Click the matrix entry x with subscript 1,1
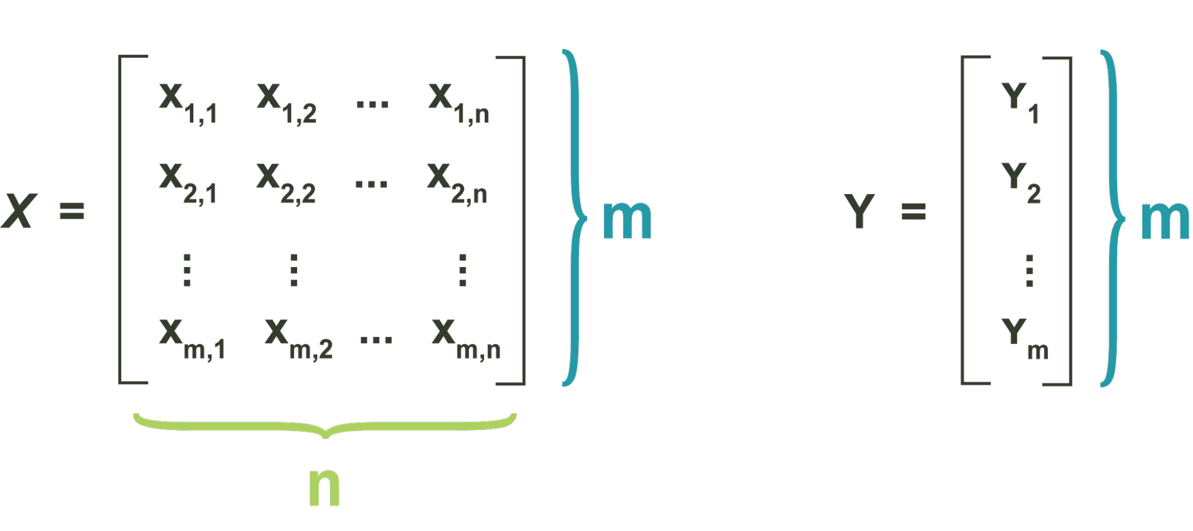187,103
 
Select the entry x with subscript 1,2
286,103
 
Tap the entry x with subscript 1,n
458,103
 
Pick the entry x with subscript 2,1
187,183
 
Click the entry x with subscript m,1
192,339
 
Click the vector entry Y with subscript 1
1021,103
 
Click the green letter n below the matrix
325,486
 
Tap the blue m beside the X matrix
627,220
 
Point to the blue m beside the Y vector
1164,220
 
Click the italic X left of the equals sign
19,211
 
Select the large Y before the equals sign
859,211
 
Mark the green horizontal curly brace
325,426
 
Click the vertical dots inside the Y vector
1029,271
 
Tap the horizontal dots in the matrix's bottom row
376,339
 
